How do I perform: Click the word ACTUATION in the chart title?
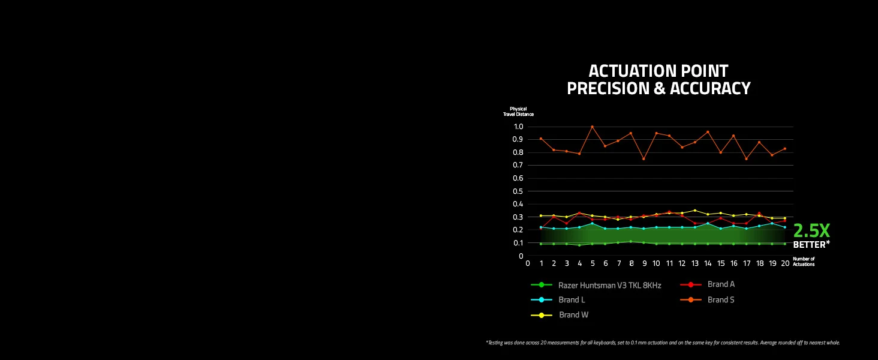coord(632,71)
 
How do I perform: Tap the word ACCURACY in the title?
coord(710,88)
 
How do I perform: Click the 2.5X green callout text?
coord(811,230)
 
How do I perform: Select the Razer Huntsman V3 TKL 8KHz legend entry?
coord(596,285)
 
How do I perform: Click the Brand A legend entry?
coord(708,284)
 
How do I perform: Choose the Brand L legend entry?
coord(558,299)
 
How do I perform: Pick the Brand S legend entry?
coord(708,299)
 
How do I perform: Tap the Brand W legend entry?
coord(560,315)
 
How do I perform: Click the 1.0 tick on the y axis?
coord(519,127)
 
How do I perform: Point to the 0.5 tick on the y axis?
coord(518,191)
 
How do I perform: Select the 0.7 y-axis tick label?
coord(518,165)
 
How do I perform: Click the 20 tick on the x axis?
coord(785,263)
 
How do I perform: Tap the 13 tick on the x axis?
coord(695,263)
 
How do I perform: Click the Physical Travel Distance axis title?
coord(518,112)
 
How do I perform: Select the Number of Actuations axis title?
coord(804,262)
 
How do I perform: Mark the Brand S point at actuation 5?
coord(593,127)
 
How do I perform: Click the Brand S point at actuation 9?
coord(644,159)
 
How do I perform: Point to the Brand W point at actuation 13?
coord(695,210)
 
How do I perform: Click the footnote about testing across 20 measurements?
coord(663,343)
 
